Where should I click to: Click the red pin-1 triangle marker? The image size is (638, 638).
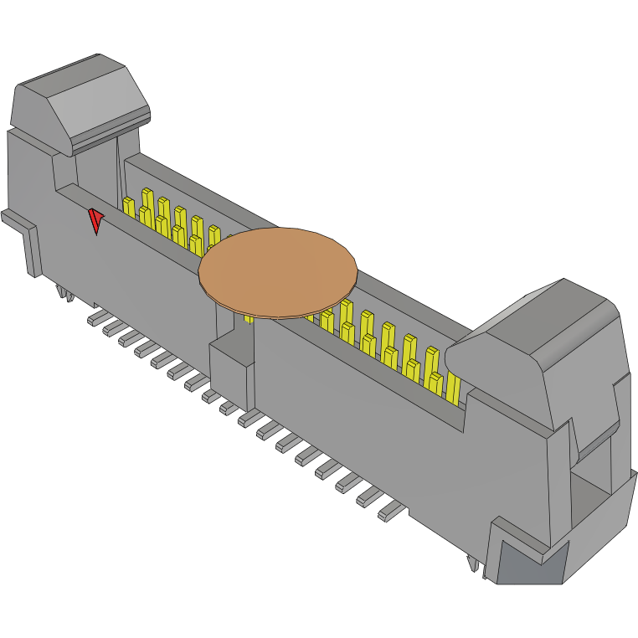pyautogui.click(x=96, y=220)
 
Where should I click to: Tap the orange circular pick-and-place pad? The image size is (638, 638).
pyautogui.click(x=278, y=272)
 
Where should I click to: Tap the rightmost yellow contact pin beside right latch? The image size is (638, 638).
pyautogui.click(x=453, y=387)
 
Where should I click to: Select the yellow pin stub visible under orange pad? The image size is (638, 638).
pyautogui.click(x=249, y=317)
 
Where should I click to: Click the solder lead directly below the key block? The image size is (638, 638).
pyautogui.click(x=228, y=408)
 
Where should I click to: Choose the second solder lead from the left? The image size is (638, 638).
pyautogui.click(x=111, y=327)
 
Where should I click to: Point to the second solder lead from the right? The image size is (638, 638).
pyautogui.click(x=369, y=497)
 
